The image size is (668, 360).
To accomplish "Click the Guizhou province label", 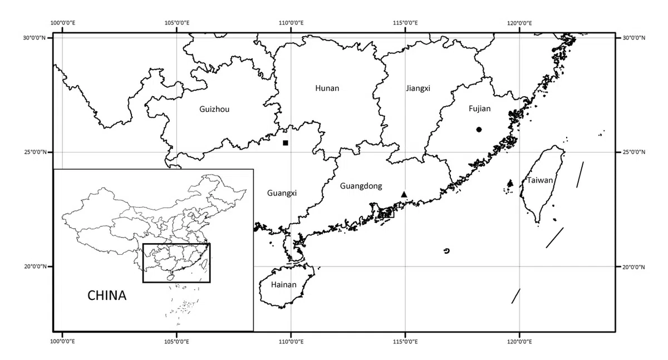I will [x=214, y=109].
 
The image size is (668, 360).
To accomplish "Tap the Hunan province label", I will [x=327, y=88].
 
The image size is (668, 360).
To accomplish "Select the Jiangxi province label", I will [x=418, y=88].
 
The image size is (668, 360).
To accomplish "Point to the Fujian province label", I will [x=479, y=109].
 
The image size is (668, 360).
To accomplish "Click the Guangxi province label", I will [x=282, y=193].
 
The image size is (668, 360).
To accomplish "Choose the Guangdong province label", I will [x=361, y=186].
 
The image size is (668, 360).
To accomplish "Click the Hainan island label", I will [x=283, y=285].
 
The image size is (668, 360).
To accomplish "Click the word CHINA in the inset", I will [x=107, y=295].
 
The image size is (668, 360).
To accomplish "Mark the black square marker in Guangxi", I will [x=286, y=143].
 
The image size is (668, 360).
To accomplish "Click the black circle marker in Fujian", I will [x=479, y=130].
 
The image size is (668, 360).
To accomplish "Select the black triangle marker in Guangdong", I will [x=404, y=194].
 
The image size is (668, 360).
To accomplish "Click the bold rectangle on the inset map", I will [x=176, y=244].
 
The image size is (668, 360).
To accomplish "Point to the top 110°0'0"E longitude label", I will [x=291, y=23].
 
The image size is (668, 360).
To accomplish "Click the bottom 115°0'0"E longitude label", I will [x=405, y=341].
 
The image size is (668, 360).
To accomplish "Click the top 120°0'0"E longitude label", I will [x=519, y=23].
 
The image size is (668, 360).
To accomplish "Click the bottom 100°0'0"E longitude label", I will [x=62, y=341].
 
